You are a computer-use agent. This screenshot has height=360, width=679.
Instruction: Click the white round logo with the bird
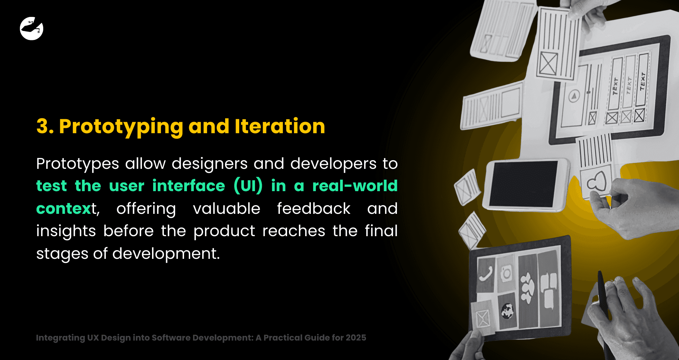click(x=31, y=28)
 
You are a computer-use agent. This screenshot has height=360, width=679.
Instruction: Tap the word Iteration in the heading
click(x=280, y=126)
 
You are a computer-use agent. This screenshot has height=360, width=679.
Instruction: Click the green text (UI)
click(x=248, y=186)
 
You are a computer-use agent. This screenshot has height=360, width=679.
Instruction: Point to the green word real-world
click(x=355, y=186)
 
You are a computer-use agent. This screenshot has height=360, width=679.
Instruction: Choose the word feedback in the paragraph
click(x=313, y=209)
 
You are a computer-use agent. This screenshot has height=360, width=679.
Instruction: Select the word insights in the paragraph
click(x=66, y=231)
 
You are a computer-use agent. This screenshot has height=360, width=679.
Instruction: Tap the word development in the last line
click(x=166, y=254)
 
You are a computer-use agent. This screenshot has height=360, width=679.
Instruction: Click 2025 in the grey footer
click(x=356, y=338)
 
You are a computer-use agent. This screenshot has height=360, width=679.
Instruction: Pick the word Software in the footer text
click(x=171, y=338)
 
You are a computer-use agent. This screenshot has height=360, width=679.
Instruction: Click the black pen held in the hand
click(x=602, y=295)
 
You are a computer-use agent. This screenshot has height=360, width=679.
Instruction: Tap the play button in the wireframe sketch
click(x=574, y=96)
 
